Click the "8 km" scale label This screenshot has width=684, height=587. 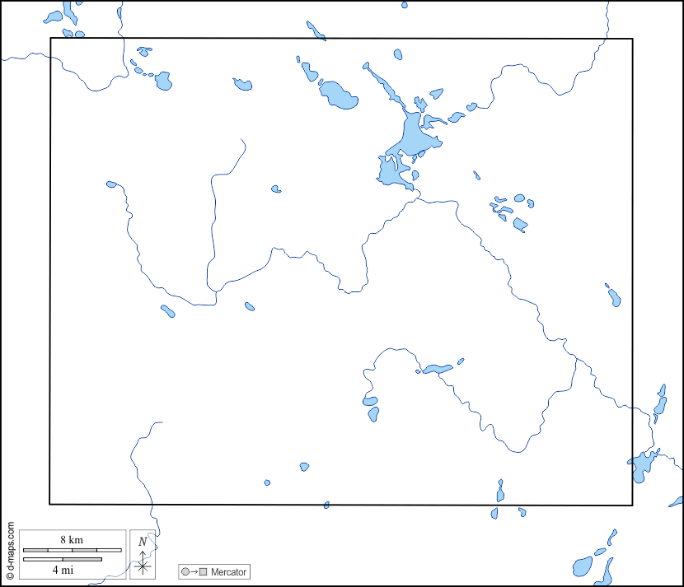72,539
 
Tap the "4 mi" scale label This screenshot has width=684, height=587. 62,569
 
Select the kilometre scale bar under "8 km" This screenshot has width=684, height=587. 72,549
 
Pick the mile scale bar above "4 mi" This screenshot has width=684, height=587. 62,560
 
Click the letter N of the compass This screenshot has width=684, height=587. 143,541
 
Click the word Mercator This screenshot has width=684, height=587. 228,571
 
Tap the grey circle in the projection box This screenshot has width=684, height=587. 185,571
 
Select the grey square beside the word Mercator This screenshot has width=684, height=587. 203,571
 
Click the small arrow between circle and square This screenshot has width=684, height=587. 194,571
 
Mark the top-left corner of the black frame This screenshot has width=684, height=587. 50,38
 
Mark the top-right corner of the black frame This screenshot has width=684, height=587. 632,38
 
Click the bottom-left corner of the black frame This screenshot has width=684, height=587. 50,504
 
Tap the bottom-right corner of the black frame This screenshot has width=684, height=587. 632,505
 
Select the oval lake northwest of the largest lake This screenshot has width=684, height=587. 339,96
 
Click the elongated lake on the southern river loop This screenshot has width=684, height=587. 437,369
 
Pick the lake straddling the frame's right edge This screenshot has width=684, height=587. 640,467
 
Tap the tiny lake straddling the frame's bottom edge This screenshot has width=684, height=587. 327,505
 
